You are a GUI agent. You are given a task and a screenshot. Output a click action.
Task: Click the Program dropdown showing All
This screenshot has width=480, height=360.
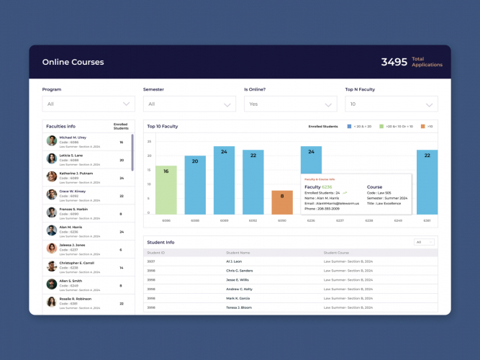pos(89,104)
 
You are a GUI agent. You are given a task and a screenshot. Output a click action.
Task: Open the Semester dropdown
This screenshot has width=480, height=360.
pos(189,104)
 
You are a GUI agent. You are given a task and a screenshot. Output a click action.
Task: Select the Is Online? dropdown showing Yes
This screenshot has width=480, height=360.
pos(290,104)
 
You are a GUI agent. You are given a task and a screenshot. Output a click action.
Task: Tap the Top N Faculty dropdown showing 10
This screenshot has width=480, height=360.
pos(391,104)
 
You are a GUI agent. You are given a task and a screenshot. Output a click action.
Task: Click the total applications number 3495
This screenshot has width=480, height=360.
pos(394,62)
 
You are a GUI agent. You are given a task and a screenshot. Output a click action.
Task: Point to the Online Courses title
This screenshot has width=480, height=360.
pos(73,62)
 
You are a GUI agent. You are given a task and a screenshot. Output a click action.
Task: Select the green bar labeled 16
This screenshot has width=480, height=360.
pos(166,189)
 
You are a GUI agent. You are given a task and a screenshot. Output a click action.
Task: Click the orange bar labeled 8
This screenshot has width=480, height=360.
pos(282,202)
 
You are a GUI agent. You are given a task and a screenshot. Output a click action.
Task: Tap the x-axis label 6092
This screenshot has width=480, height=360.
pos(253,220)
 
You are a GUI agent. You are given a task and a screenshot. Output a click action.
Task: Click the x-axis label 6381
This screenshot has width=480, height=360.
pos(427,220)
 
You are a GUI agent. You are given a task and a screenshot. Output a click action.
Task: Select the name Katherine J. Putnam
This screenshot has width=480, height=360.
pos(76,174)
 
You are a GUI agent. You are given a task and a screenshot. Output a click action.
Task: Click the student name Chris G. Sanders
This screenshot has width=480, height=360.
pos(240,271)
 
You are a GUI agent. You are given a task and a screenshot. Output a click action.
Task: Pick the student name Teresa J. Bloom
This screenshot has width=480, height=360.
pos(239,307)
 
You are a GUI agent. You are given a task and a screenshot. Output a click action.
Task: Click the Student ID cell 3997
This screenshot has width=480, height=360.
pos(151,261)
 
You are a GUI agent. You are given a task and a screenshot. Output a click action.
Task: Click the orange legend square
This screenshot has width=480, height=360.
pos(423,126)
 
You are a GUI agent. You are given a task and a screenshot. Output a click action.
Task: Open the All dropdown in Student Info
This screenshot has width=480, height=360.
pos(425,242)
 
